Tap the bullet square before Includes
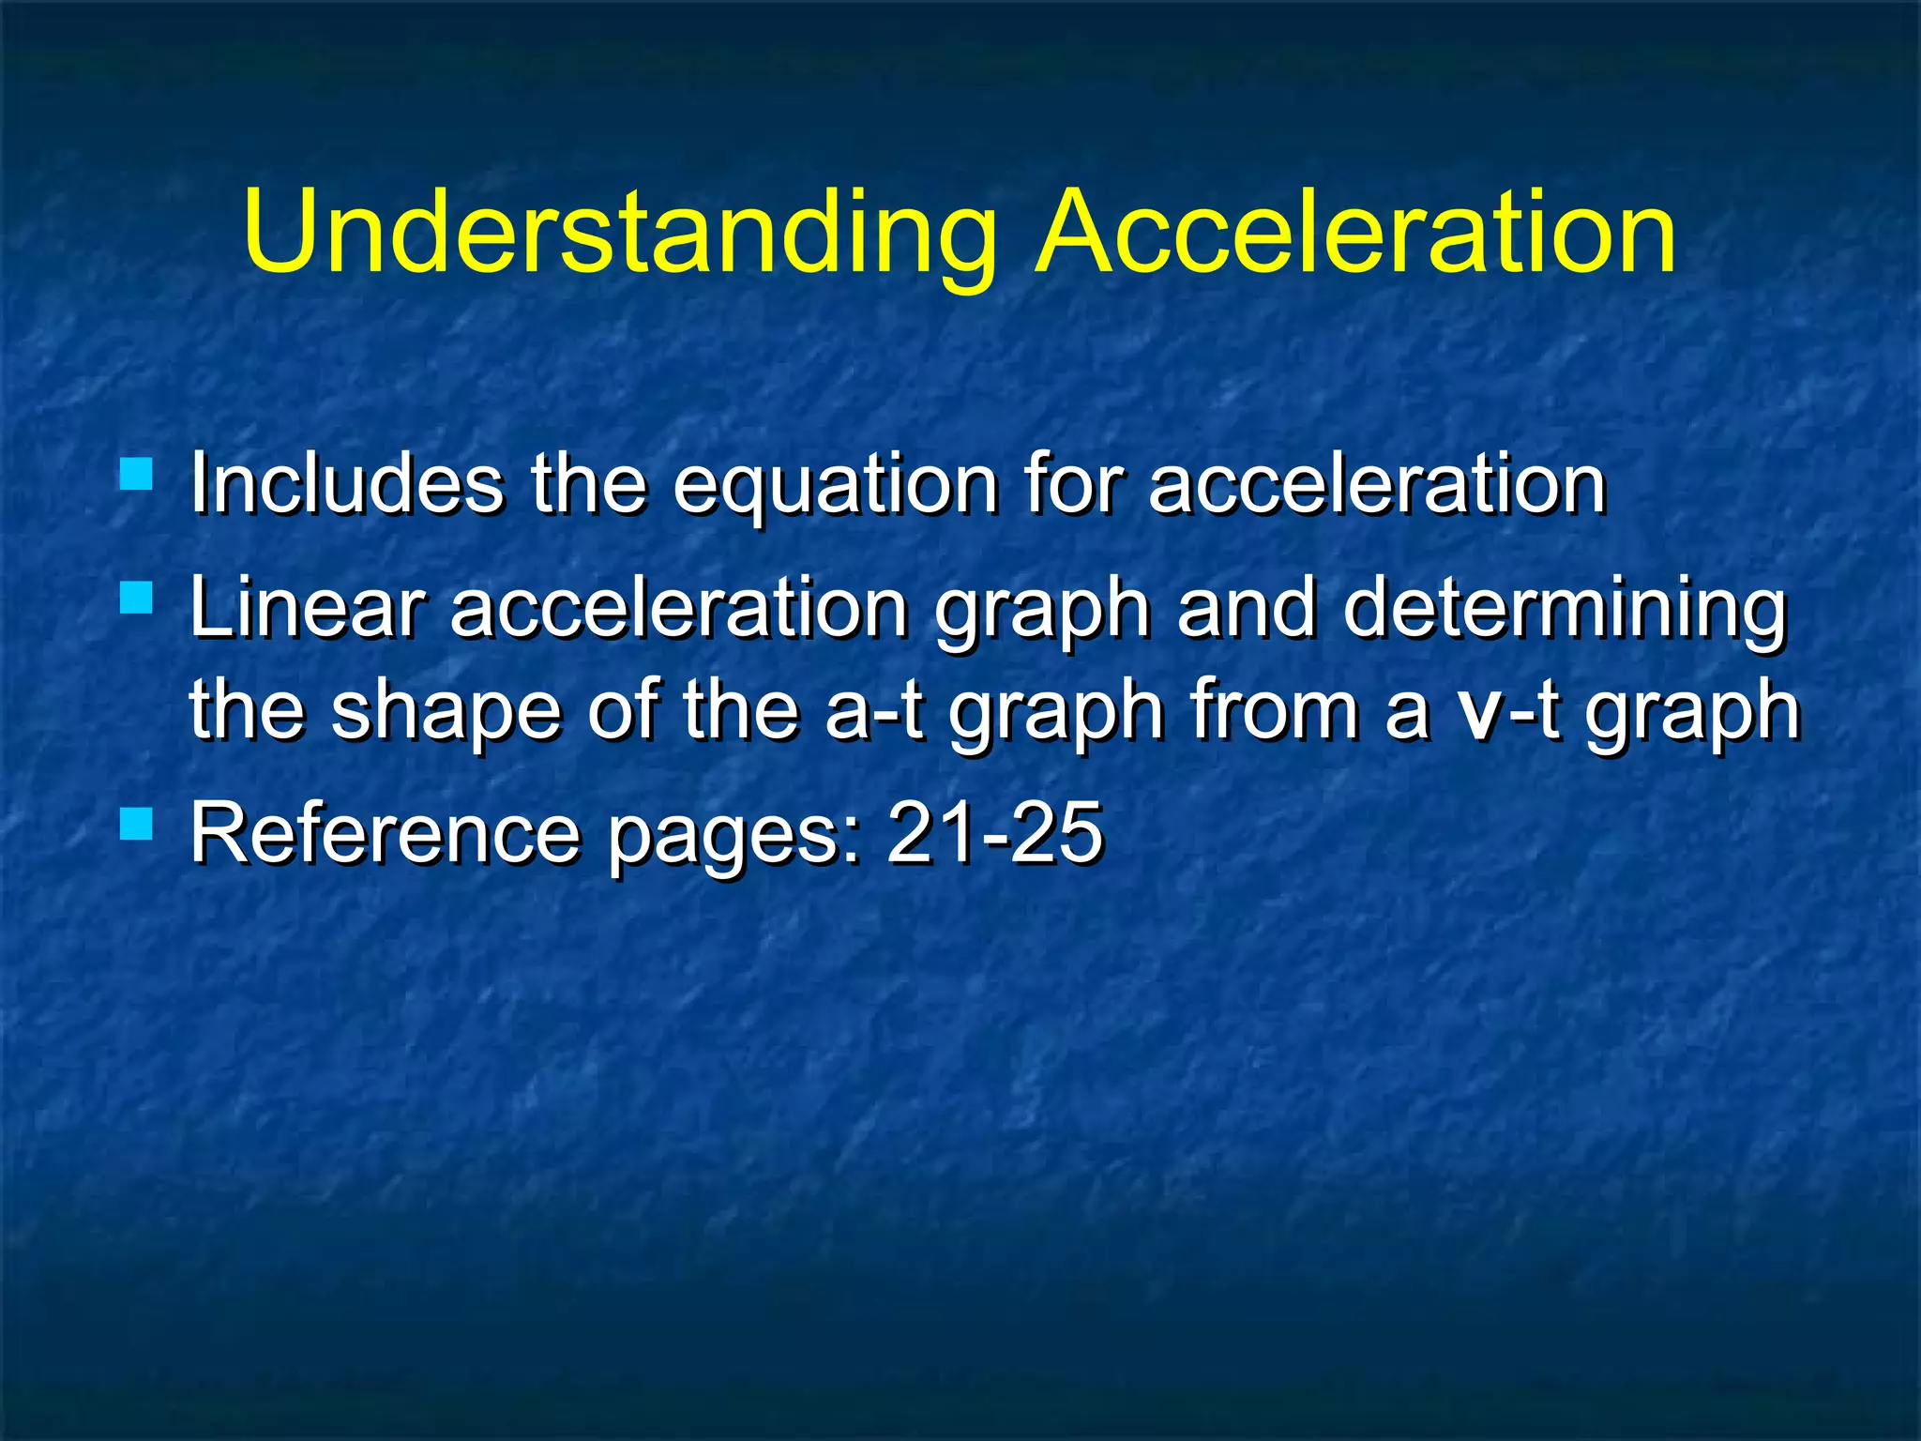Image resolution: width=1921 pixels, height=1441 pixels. (137, 474)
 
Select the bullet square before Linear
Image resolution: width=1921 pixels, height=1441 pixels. (137, 598)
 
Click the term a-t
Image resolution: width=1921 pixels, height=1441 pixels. (873, 710)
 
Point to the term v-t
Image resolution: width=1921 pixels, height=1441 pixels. (1510, 710)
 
